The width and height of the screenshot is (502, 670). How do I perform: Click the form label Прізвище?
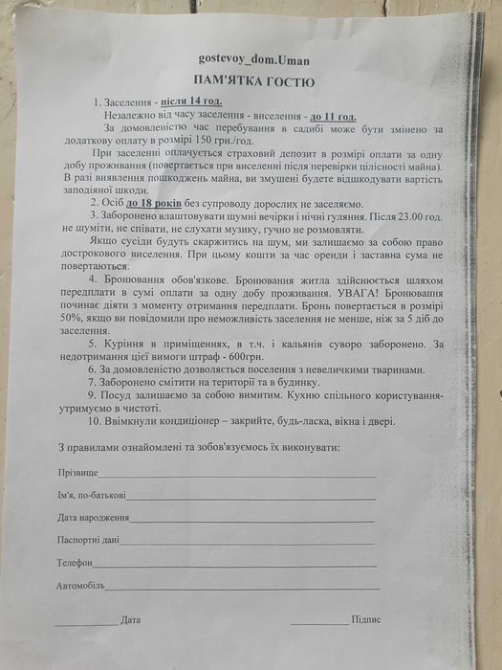[x=77, y=472]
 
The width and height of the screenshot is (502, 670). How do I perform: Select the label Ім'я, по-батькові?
[x=91, y=496]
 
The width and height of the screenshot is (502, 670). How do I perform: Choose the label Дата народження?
[x=93, y=518]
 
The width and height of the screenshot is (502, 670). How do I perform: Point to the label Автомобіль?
[x=80, y=585]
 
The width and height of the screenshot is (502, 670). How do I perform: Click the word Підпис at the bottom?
[x=366, y=619]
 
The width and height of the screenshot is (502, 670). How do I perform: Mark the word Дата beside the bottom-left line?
[x=131, y=619]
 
